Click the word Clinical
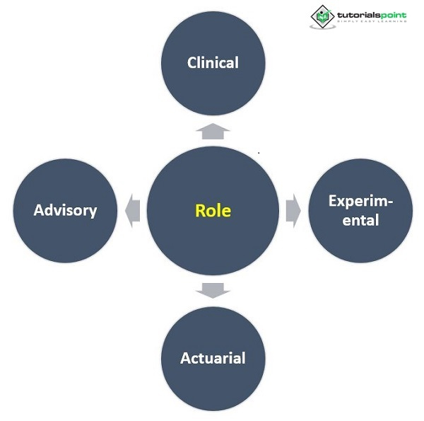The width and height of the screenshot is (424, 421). tap(213, 62)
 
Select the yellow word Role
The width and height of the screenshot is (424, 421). tap(213, 210)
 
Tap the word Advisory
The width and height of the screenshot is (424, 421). tap(65, 210)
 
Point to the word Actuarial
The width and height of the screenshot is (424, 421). tap(213, 357)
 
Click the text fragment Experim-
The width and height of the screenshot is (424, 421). tap(361, 201)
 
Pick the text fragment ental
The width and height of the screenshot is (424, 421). tap(361, 220)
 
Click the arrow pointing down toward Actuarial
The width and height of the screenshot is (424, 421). tap(213, 289)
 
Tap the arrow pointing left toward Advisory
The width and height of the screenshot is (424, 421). tap(132, 210)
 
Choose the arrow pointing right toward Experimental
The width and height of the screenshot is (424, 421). tap(293, 210)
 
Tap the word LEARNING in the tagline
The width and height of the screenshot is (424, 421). tap(392, 21)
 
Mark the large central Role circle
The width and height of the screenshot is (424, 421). tap(213, 241)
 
